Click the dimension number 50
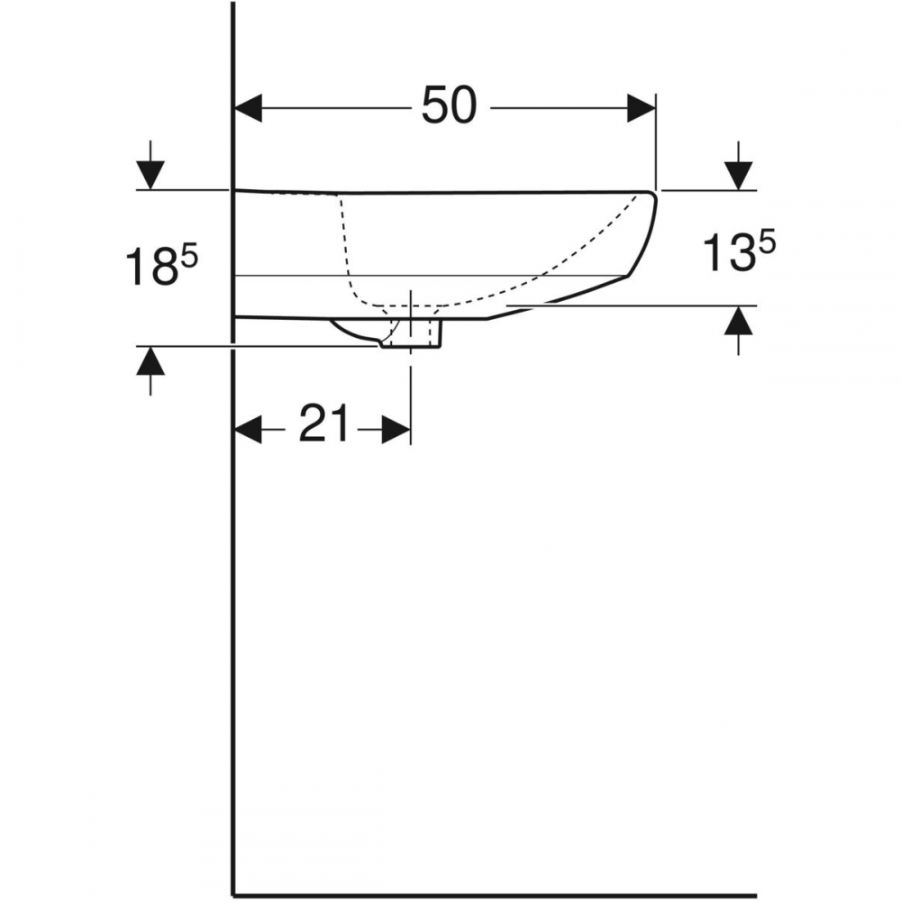(450, 105)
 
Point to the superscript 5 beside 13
(767, 242)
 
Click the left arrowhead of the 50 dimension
(249, 107)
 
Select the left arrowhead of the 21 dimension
(249, 430)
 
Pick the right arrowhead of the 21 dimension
(396, 430)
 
